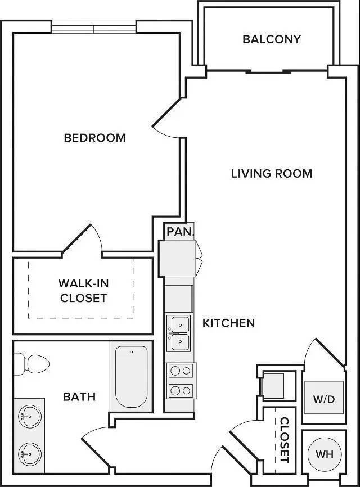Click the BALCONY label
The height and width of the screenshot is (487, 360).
pos(272,39)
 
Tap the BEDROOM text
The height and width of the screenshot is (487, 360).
pos(94,138)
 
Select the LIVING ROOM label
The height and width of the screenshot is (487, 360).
pos(272,173)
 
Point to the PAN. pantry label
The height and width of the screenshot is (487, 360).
pos(180,231)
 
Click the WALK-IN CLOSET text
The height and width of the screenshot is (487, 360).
pos(84,290)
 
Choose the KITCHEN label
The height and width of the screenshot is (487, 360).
pos(228,323)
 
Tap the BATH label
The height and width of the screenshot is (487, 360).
pos(79,396)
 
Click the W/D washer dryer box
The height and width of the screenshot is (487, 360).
pos(324,398)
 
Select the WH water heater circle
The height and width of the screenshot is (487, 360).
pos(325,454)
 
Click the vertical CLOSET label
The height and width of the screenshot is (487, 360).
pos(285,440)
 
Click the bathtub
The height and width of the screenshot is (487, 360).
pos(132,376)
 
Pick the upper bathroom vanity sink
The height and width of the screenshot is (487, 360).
pos(30,417)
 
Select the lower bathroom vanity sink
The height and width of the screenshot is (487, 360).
pos(30,454)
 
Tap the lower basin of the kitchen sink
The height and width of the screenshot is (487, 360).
pos(180,342)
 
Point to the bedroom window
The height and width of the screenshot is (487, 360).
pos(94,26)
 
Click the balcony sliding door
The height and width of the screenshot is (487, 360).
pos(269,72)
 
